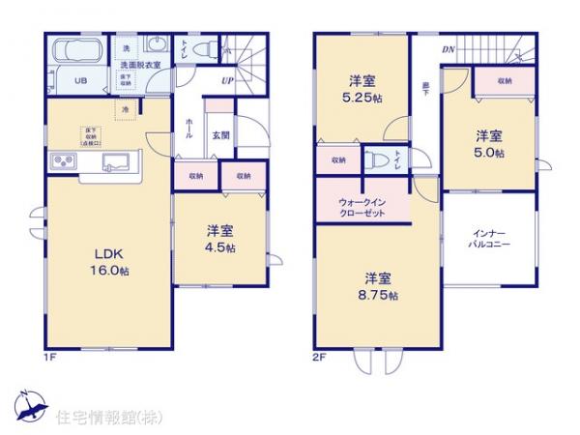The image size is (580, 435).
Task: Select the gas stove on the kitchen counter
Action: tap(64, 160)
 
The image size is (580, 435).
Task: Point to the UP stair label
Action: tap(228, 81)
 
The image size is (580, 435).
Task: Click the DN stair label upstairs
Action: tap(449, 49)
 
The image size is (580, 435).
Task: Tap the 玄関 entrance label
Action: tap(221, 136)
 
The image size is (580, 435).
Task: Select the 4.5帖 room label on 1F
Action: tap(220, 240)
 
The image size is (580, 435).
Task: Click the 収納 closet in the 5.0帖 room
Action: tap(507, 82)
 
